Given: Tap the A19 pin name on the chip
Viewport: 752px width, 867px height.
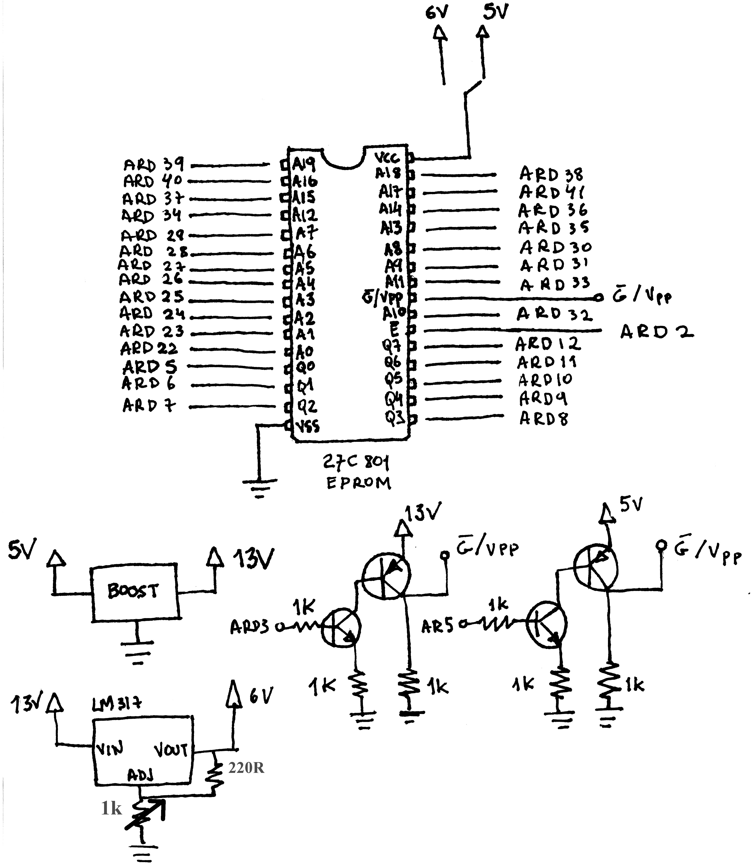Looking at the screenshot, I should [x=304, y=164].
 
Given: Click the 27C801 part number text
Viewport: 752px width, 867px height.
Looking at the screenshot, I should [x=356, y=463].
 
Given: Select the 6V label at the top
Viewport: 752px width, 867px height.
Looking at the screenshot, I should [x=437, y=13].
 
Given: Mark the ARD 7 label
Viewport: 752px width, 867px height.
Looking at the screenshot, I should [x=149, y=405].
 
